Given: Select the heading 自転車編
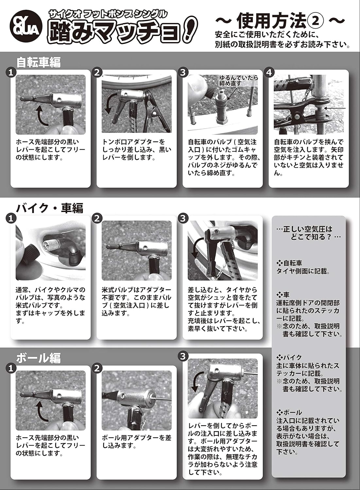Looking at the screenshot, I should (x=39, y=62).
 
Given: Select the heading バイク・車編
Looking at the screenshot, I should (x=50, y=208).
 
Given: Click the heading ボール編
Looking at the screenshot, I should (x=38, y=358).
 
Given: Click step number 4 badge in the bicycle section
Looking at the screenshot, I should (x=269, y=72).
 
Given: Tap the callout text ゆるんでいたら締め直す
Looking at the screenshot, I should (x=238, y=80).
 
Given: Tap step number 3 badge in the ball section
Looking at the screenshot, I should (x=183, y=356).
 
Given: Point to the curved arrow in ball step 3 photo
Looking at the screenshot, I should (x=197, y=382).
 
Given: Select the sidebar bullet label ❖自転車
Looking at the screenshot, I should (x=289, y=263).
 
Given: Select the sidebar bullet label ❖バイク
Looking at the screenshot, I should (x=289, y=357).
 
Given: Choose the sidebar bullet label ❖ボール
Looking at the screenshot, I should (x=289, y=412).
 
